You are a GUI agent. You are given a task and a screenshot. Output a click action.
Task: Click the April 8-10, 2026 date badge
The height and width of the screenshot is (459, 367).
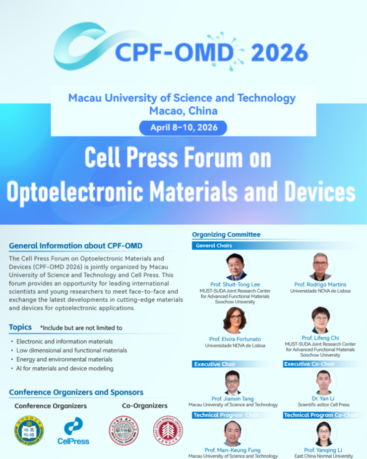(x=183, y=128)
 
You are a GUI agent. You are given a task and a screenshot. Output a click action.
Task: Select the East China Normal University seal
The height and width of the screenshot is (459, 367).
(x=167, y=430)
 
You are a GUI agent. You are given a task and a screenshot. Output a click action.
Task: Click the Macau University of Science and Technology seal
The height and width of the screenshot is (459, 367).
(x=29, y=430)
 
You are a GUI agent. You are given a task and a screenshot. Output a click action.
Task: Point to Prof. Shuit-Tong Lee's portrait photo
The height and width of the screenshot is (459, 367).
(x=236, y=267)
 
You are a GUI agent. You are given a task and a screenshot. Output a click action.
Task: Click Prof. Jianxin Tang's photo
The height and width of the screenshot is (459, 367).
(x=236, y=382)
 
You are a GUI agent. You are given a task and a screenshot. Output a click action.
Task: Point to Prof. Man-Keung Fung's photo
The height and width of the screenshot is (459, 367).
(x=236, y=433)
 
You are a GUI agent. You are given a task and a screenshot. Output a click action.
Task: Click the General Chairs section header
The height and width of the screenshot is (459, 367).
(x=214, y=246)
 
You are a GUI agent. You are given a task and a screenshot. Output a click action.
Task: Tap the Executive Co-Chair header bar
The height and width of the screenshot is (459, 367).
(x=309, y=364)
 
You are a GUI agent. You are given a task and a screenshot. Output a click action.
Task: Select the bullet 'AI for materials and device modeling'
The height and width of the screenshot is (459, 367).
(x=64, y=368)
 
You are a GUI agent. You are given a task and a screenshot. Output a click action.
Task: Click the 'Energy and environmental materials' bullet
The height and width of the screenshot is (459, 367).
(x=64, y=359)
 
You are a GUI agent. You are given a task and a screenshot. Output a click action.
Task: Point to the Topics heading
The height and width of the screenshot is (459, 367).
(x=20, y=327)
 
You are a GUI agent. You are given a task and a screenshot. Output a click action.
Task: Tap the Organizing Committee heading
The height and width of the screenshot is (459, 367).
(x=226, y=235)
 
